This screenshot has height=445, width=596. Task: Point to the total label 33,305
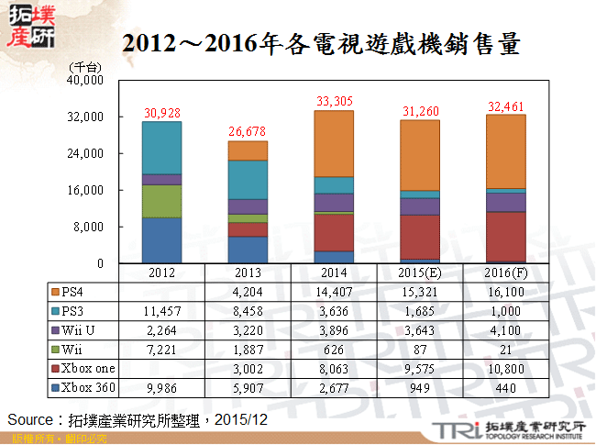[x=334, y=102]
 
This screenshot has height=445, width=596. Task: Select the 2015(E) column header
[x=420, y=273]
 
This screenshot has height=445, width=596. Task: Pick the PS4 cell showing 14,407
[x=334, y=293]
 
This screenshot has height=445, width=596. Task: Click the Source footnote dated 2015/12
[x=138, y=419]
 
